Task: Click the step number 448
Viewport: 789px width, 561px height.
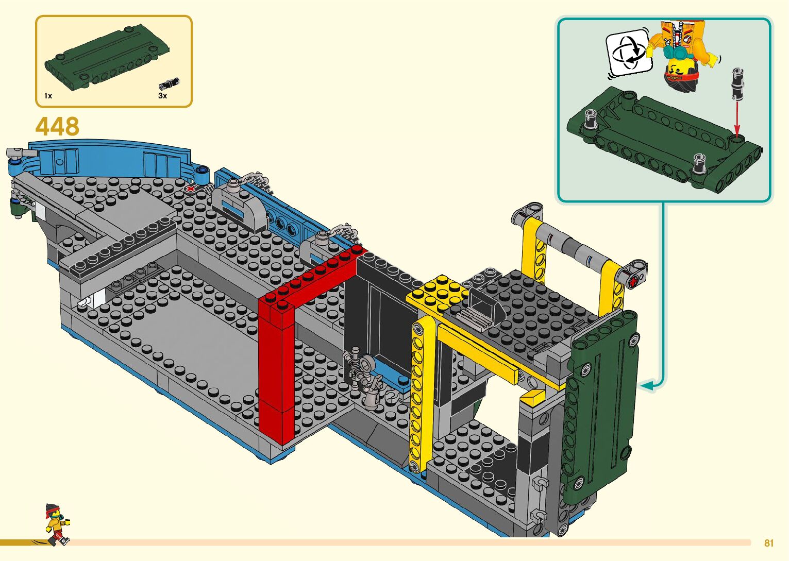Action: coord(57,127)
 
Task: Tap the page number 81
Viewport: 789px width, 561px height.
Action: coord(769,543)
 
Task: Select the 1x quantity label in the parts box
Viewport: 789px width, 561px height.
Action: coord(48,96)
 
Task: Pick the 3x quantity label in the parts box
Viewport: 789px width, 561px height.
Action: coord(162,96)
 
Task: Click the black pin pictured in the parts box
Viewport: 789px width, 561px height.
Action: coord(169,83)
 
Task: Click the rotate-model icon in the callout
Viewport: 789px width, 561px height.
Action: coord(628,52)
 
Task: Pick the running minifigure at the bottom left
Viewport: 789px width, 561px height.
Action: coord(56,524)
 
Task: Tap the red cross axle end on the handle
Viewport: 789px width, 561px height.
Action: coord(633,281)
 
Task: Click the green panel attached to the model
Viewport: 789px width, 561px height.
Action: coord(600,402)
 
